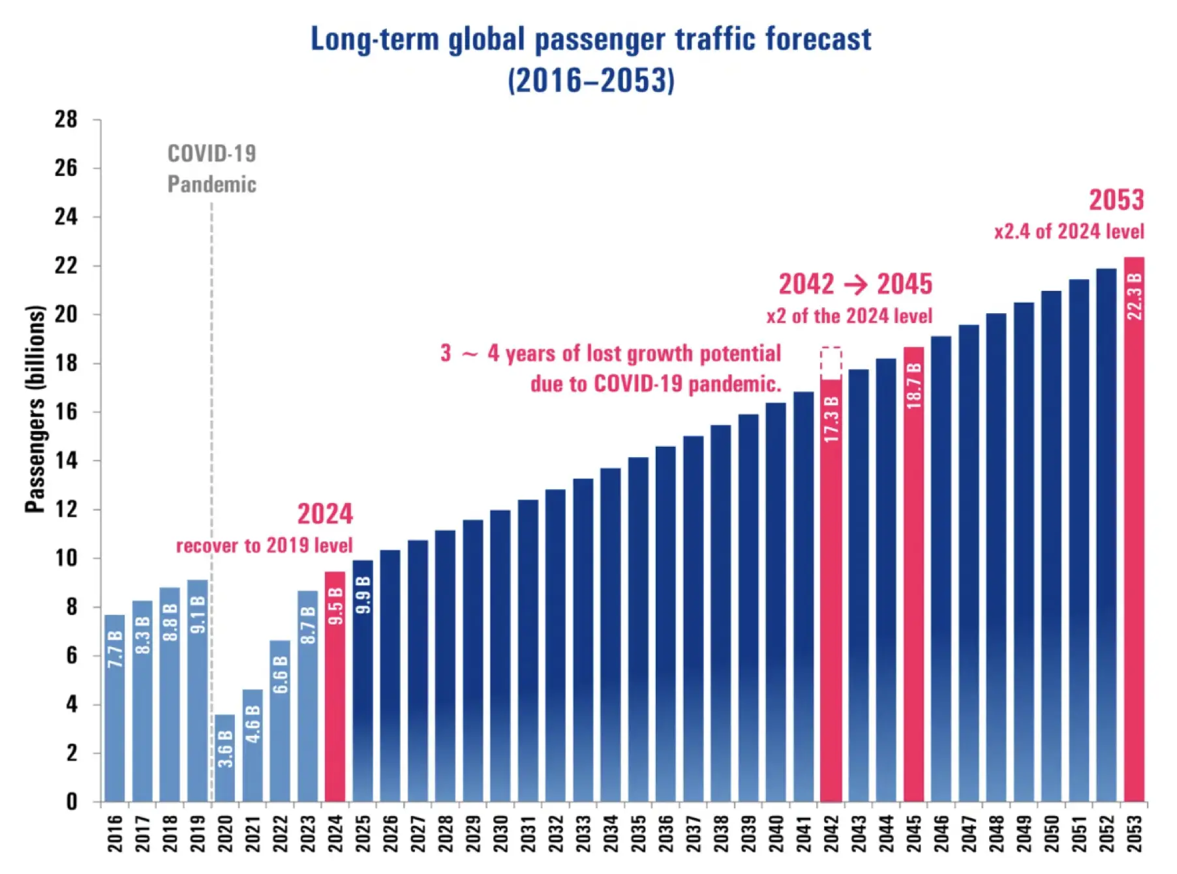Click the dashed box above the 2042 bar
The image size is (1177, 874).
[x=831, y=363]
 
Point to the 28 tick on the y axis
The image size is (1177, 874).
[x=66, y=119]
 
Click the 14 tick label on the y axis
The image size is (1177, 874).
[x=66, y=460]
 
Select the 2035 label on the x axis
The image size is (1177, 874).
[x=638, y=833]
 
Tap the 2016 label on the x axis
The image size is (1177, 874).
[x=115, y=833]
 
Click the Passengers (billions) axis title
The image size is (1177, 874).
[x=35, y=409]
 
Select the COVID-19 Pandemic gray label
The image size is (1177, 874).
[x=211, y=169]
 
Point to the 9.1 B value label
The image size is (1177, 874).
[x=198, y=614]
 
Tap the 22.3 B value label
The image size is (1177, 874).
[x=1135, y=297]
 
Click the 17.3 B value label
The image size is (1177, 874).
[x=831, y=419]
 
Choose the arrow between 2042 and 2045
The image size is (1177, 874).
[x=855, y=284]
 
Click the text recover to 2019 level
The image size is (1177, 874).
[x=264, y=545]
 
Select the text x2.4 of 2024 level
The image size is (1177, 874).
[x=1069, y=232]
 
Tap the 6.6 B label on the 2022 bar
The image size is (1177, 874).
[x=280, y=675]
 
